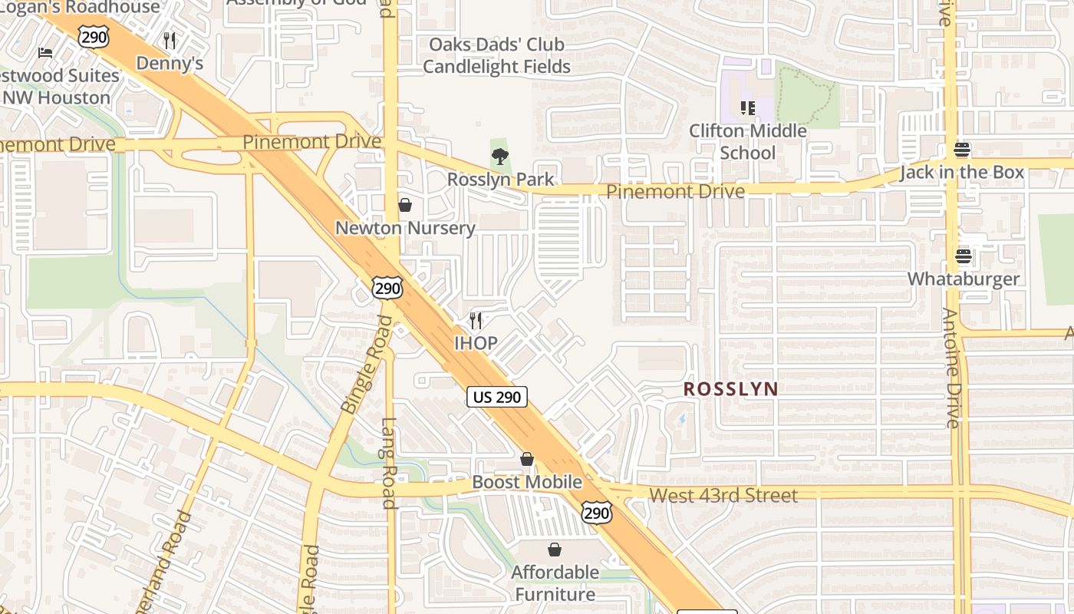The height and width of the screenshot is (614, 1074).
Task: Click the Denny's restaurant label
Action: [170, 63]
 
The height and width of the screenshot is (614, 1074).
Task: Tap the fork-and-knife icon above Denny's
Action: [170, 40]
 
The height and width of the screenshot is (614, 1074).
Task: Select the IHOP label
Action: [476, 343]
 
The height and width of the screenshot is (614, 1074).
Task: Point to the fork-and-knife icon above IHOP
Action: [476, 320]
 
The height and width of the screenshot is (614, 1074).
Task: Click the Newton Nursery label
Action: [405, 228]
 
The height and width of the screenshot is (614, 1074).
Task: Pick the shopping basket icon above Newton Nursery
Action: [405, 205]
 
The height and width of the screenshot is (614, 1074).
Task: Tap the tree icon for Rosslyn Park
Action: [500, 157]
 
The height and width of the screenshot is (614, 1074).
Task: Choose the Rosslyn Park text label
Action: [500, 180]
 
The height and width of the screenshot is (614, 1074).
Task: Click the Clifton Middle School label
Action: [747, 141]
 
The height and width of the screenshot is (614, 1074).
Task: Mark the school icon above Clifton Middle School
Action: [747, 108]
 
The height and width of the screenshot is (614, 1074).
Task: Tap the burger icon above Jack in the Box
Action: [962, 149]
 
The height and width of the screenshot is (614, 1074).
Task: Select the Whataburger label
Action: [964, 279]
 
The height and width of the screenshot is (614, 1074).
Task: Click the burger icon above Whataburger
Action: [964, 256]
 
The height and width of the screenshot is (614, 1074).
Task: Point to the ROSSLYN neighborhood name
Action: [731, 389]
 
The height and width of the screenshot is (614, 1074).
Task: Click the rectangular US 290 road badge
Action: [497, 397]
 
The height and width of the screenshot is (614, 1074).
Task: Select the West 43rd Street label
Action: [723, 496]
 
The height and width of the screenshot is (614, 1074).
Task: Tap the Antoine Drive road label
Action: [951, 368]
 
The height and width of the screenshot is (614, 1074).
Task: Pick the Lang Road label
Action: [389, 463]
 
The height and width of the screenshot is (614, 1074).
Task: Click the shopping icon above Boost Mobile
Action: [527, 459]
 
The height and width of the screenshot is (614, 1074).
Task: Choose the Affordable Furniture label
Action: [555, 583]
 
